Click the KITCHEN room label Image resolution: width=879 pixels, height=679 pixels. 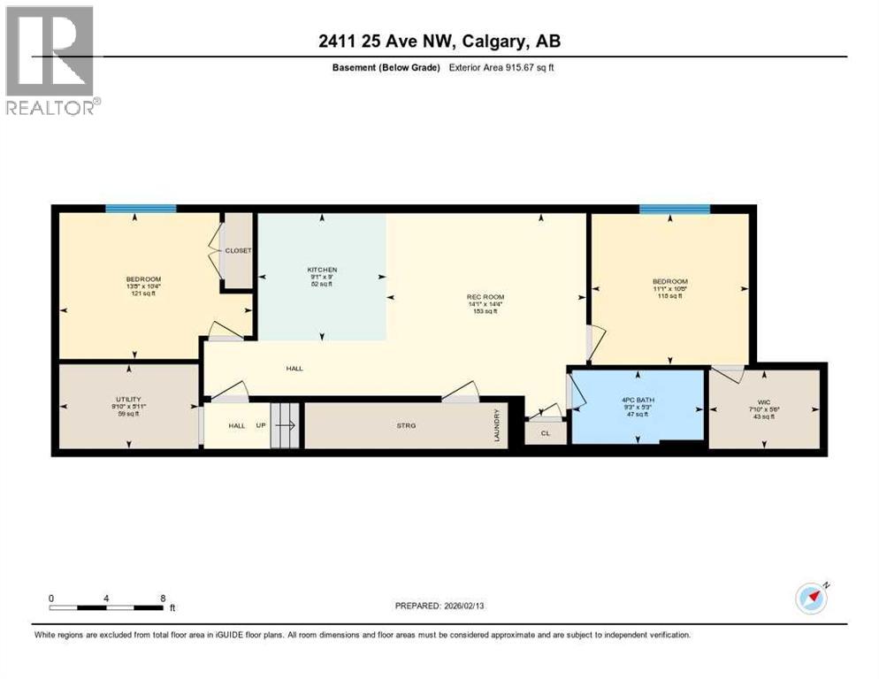(x=322, y=270)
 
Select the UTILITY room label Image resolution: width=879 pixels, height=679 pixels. (x=128, y=400)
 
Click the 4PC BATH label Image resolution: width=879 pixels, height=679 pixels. (x=637, y=400)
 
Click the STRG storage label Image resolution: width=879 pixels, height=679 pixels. (x=406, y=425)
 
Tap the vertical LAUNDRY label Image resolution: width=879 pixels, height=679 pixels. (x=499, y=425)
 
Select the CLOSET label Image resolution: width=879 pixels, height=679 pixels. (x=238, y=251)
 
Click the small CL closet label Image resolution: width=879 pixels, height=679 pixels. (x=546, y=433)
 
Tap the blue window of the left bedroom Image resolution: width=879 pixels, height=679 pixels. (x=141, y=209)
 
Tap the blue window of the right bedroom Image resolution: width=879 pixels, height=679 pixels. (x=675, y=210)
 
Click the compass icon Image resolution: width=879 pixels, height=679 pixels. (x=812, y=599)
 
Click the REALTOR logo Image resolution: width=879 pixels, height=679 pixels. (x=50, y=60)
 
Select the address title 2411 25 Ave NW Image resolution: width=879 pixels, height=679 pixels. (x=439, y=41)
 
